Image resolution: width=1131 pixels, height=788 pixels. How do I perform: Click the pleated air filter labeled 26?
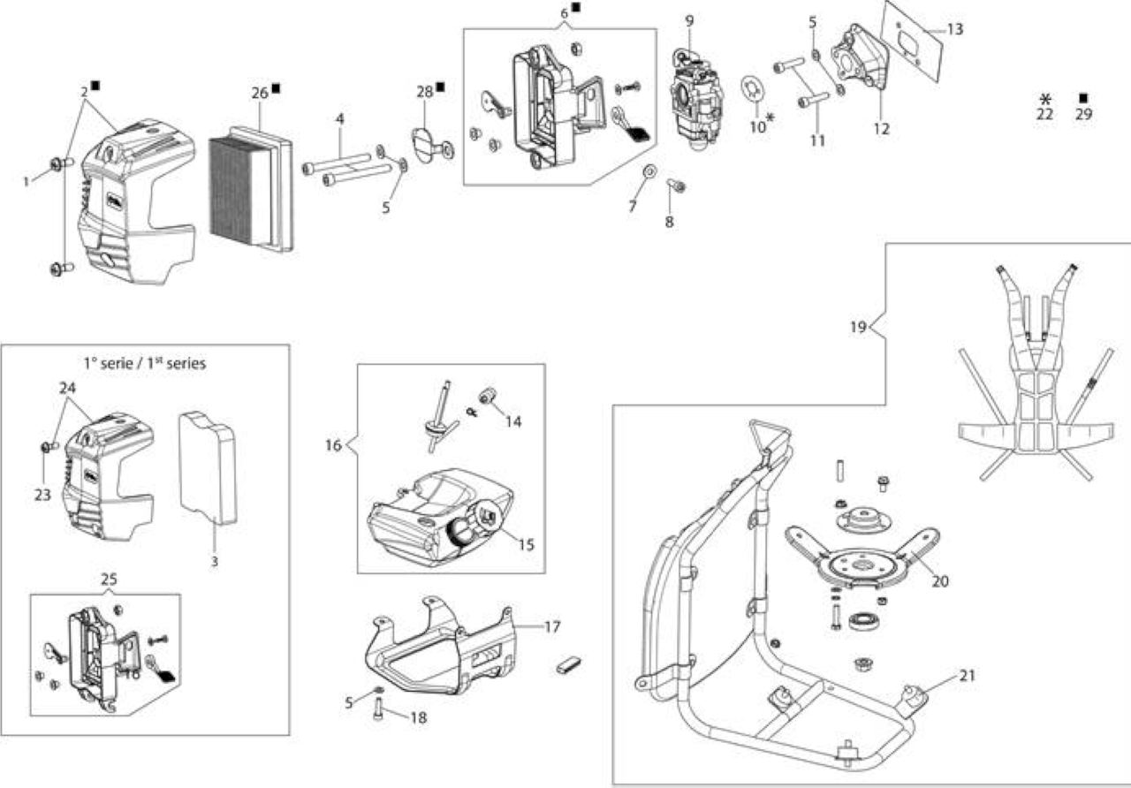251,189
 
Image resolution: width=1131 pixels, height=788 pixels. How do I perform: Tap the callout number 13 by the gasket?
955,29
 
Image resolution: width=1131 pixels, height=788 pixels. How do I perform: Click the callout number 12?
881,129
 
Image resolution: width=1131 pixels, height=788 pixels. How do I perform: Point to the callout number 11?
817,140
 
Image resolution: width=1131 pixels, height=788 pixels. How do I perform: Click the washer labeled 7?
649,170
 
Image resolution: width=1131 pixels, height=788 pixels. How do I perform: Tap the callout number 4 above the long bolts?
340,119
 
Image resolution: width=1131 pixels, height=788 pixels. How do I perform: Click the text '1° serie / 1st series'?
145,363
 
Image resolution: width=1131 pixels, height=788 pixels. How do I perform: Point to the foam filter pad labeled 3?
208,468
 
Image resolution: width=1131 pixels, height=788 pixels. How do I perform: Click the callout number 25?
109,579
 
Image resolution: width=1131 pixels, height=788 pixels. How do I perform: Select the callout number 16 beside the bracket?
333,445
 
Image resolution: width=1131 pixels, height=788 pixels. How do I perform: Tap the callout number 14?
513,421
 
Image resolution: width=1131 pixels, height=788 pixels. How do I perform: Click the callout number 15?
526,545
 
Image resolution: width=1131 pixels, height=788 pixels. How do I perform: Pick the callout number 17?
552,627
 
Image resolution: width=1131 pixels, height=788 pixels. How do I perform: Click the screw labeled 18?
379,712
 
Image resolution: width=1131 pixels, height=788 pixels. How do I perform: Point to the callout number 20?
940,581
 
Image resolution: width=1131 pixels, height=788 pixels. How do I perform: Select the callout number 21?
967,675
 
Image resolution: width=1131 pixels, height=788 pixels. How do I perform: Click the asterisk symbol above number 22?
1044,99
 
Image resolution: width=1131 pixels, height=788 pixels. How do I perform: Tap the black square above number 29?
1083,98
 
